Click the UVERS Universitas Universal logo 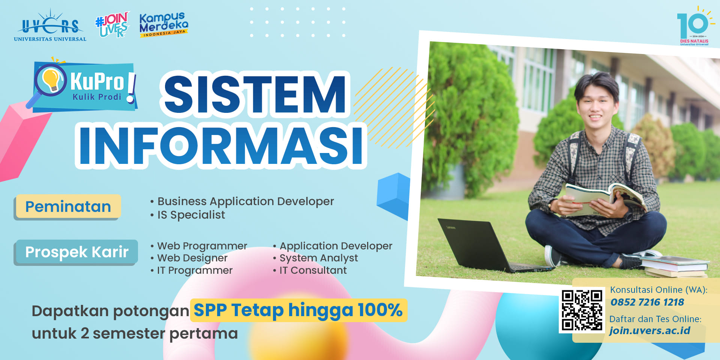[x=50, y=25]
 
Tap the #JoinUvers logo [x=112, y=24]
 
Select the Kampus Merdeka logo [x=163, y=25]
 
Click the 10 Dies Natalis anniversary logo [x=694, y=26]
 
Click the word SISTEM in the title [x=255, y=94]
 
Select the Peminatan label [x=68, y=207]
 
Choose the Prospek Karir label [x=76, y=252]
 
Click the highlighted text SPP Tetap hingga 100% [x=298, y=310]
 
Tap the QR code [x=582, y=310]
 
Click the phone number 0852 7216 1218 [x=647, y=302]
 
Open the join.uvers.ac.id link [x=650, y=330]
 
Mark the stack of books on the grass [x=675, y=267]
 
